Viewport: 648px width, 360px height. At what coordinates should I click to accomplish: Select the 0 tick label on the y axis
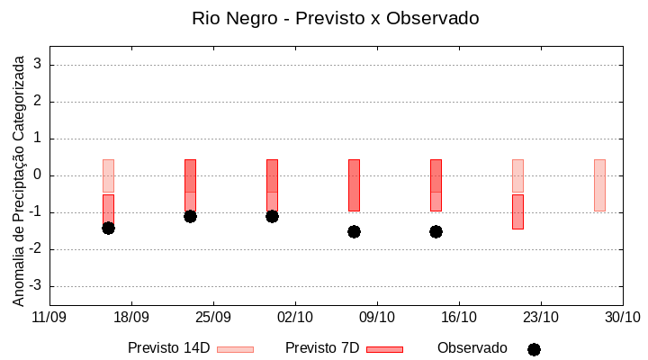[x=39, y=175]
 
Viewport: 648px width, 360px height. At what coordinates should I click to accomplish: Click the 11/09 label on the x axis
[x=49, y=317]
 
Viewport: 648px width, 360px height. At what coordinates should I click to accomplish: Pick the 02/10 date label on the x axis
[x=295, y=317]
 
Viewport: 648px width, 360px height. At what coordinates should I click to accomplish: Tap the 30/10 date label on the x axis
[x=622, y=317]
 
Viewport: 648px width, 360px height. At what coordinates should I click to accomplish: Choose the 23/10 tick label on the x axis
[x=540, y=317]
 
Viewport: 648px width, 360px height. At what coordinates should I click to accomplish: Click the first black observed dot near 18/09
[x=108, y=228]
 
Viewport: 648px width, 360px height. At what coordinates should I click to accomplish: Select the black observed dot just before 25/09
[x=190, y=216]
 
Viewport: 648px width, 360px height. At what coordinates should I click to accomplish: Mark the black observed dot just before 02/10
[x=272, y=216]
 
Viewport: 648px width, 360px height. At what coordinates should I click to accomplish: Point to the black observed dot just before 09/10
[x=354, y=231]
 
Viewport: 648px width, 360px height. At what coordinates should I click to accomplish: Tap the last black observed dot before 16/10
[x=436, y=231]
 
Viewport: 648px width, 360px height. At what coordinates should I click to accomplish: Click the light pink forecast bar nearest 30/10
[x=599, y=185]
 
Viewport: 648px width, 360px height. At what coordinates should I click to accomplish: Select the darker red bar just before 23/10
[x=517, y=211]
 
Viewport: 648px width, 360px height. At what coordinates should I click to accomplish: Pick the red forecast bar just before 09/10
[x=354, y=185]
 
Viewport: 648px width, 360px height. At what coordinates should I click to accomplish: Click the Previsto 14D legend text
[x=168, y=348]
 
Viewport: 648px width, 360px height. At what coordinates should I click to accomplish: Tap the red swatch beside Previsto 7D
[x=384, y=349]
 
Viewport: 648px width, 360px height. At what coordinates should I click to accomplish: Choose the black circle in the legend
[x=534, y=349]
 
